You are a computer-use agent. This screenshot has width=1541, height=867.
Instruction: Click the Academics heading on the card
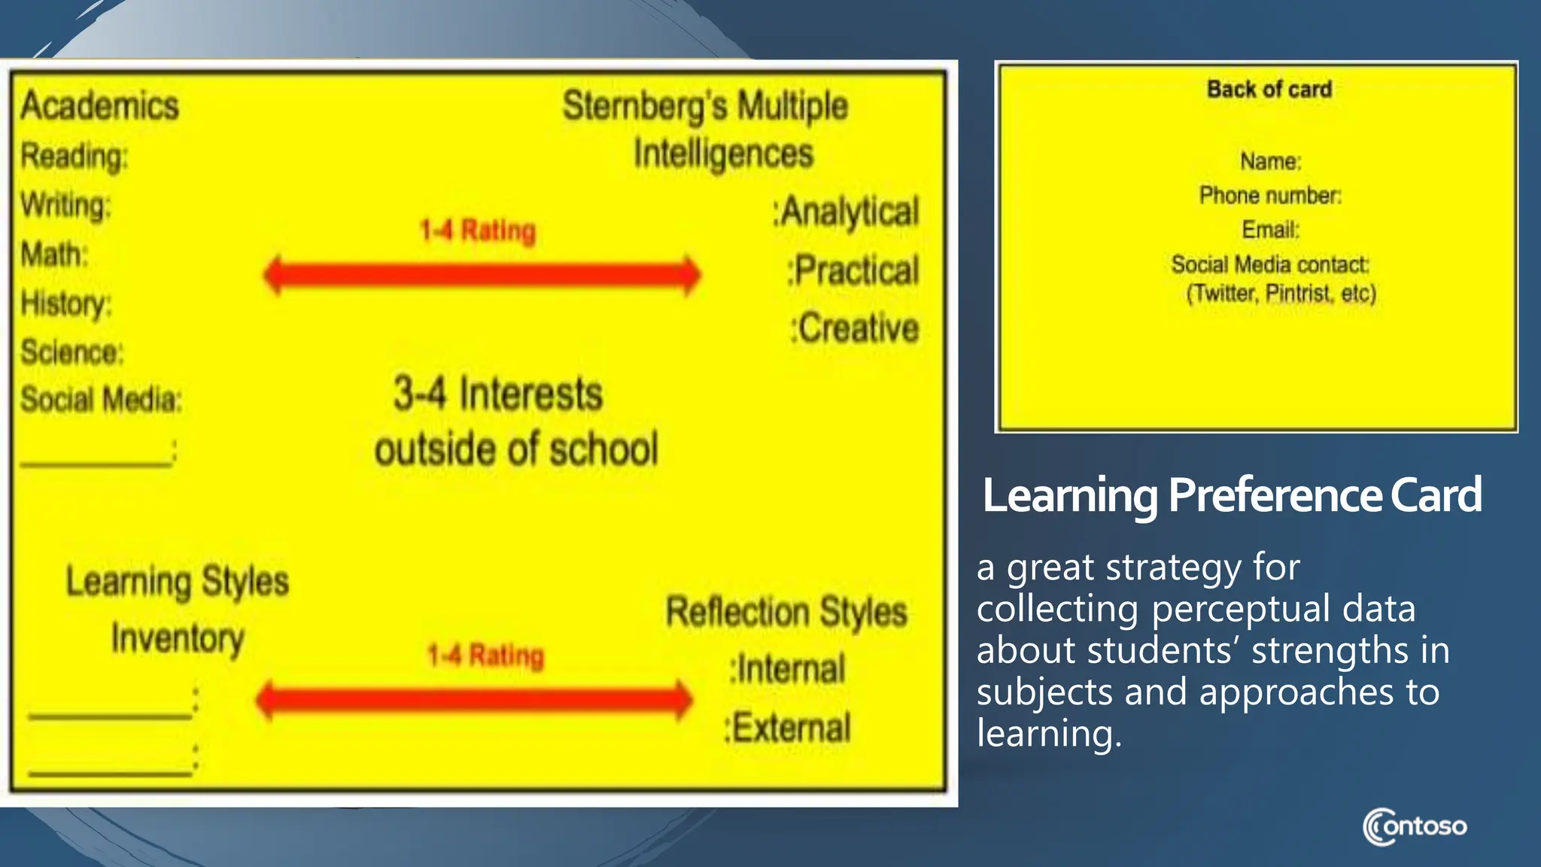click(x=100, y=105)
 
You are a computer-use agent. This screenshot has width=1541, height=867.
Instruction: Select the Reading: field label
click(x=74, y=157)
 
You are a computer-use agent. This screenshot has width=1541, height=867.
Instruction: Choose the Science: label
click(x=71, y=352)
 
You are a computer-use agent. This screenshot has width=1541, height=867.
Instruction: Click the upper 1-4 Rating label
click(x=478, y=230)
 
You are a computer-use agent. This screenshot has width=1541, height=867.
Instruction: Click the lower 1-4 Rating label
click(x=485, y=656)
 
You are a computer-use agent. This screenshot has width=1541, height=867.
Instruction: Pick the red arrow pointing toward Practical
click(x=482, y=275)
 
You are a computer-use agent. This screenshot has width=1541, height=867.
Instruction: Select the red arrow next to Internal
click(x=474, y=700)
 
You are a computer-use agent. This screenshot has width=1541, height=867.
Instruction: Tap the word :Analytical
click(x=846, y=211)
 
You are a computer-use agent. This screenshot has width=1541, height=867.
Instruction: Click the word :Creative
click(x=855, y=329)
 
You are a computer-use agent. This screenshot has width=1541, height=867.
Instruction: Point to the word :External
click(x=787, y=728)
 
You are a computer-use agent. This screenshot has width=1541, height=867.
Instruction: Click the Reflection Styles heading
click(x=786, y=611)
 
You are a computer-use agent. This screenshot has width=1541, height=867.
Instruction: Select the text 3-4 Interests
click(x=498, y=394)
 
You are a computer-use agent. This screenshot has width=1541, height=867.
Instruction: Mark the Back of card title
click(x=1269, y=90)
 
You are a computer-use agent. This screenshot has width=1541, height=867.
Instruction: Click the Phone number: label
click(x=1270, y=196)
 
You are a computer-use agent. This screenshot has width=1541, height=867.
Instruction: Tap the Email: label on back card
click(x=1270, y=230)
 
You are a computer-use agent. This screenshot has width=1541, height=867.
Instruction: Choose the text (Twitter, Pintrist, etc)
click(x=1281, y=293)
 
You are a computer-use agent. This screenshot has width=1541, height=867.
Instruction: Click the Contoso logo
click(x=1415, y=826)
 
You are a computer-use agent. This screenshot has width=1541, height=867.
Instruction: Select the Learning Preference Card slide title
click(x=1232, y=495)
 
